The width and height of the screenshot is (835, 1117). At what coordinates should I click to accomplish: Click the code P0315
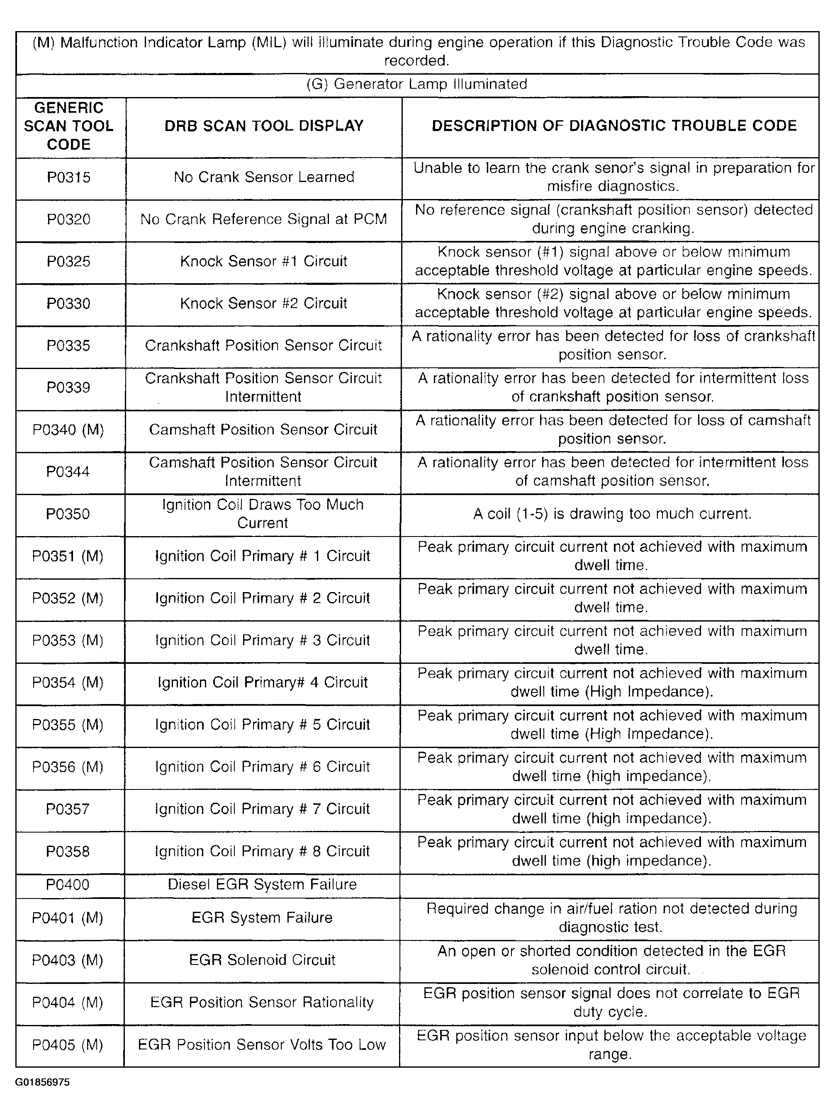(69, 177)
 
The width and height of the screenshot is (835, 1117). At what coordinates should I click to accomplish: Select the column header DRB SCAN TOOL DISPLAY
(264, 126)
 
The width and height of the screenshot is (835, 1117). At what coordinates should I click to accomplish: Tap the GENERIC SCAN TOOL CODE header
(69, 126)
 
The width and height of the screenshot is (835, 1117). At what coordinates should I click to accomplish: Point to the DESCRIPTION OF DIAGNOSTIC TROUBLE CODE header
(614, 126)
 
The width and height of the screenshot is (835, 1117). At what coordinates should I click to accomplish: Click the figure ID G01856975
(42, 1082)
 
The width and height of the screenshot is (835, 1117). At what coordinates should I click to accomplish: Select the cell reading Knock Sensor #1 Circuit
(264, 262)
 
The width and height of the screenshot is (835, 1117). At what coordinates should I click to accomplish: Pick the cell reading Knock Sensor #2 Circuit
(264, 304)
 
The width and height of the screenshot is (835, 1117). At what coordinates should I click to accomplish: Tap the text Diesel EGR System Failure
(262, 884)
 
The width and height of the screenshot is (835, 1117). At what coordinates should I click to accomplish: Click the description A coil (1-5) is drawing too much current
(612, 514)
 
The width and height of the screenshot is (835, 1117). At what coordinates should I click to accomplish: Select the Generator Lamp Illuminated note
(417, 84)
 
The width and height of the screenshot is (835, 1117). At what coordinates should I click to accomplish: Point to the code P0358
(68, 851)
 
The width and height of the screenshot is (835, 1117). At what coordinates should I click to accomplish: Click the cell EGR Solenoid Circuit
(262, 959)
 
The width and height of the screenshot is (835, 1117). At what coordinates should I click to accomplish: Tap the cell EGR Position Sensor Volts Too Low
(262, 1044)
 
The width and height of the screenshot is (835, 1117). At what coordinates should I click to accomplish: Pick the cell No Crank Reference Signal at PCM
(264, 219)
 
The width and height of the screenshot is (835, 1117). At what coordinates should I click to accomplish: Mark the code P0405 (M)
(68, 1044)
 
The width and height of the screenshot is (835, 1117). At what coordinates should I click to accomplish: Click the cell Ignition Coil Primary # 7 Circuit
(262, 809)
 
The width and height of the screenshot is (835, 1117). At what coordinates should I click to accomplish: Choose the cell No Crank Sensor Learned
(264, 177)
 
